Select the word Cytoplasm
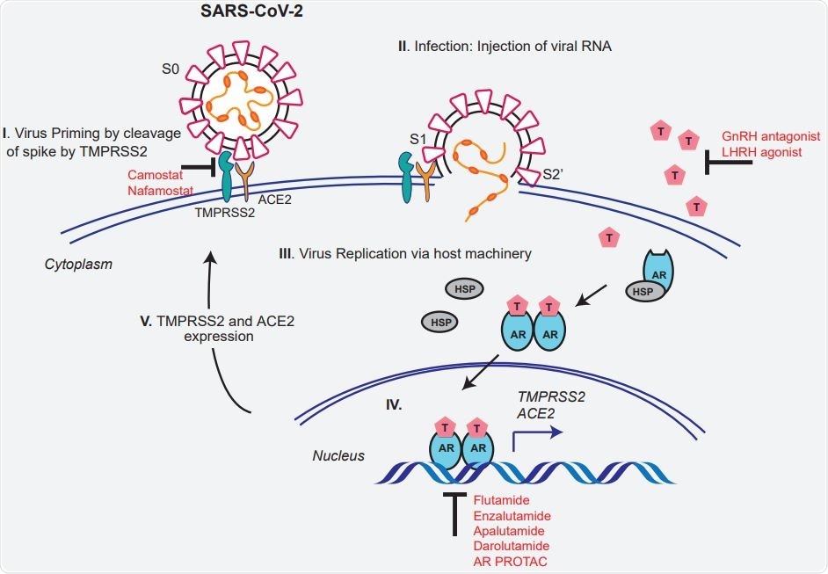pos(79,263)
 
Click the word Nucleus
pos(338,455)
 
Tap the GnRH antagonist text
pos(771,137)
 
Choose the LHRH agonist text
pos(763,153)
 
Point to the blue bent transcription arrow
pos(536,432)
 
